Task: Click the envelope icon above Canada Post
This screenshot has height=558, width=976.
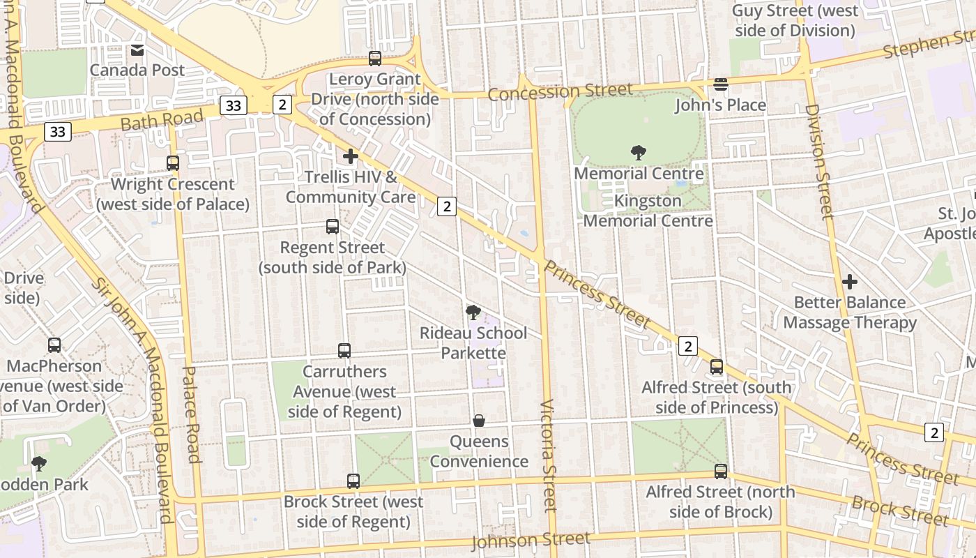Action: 137,50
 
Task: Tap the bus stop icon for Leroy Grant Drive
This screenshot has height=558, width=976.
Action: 375,59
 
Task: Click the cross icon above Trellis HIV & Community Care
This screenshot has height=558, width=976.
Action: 351,156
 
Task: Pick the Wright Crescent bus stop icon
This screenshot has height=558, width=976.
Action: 173,163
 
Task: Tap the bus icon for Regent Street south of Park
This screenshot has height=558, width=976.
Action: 333,227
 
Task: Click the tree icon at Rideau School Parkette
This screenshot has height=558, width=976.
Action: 473,312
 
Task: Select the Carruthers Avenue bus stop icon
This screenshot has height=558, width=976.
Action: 344,351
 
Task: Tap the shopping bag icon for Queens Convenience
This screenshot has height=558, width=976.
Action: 479,421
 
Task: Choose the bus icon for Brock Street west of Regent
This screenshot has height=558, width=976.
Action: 353,481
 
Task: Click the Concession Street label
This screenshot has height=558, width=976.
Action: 561,91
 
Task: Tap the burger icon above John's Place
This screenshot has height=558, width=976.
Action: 721,84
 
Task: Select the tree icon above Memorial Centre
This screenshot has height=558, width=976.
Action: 638,153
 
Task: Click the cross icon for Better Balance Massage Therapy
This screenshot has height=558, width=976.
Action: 849,282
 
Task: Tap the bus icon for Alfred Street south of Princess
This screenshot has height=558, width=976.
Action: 717,367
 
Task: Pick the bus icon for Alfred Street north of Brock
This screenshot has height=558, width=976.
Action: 721,472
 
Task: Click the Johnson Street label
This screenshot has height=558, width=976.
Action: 531,540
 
